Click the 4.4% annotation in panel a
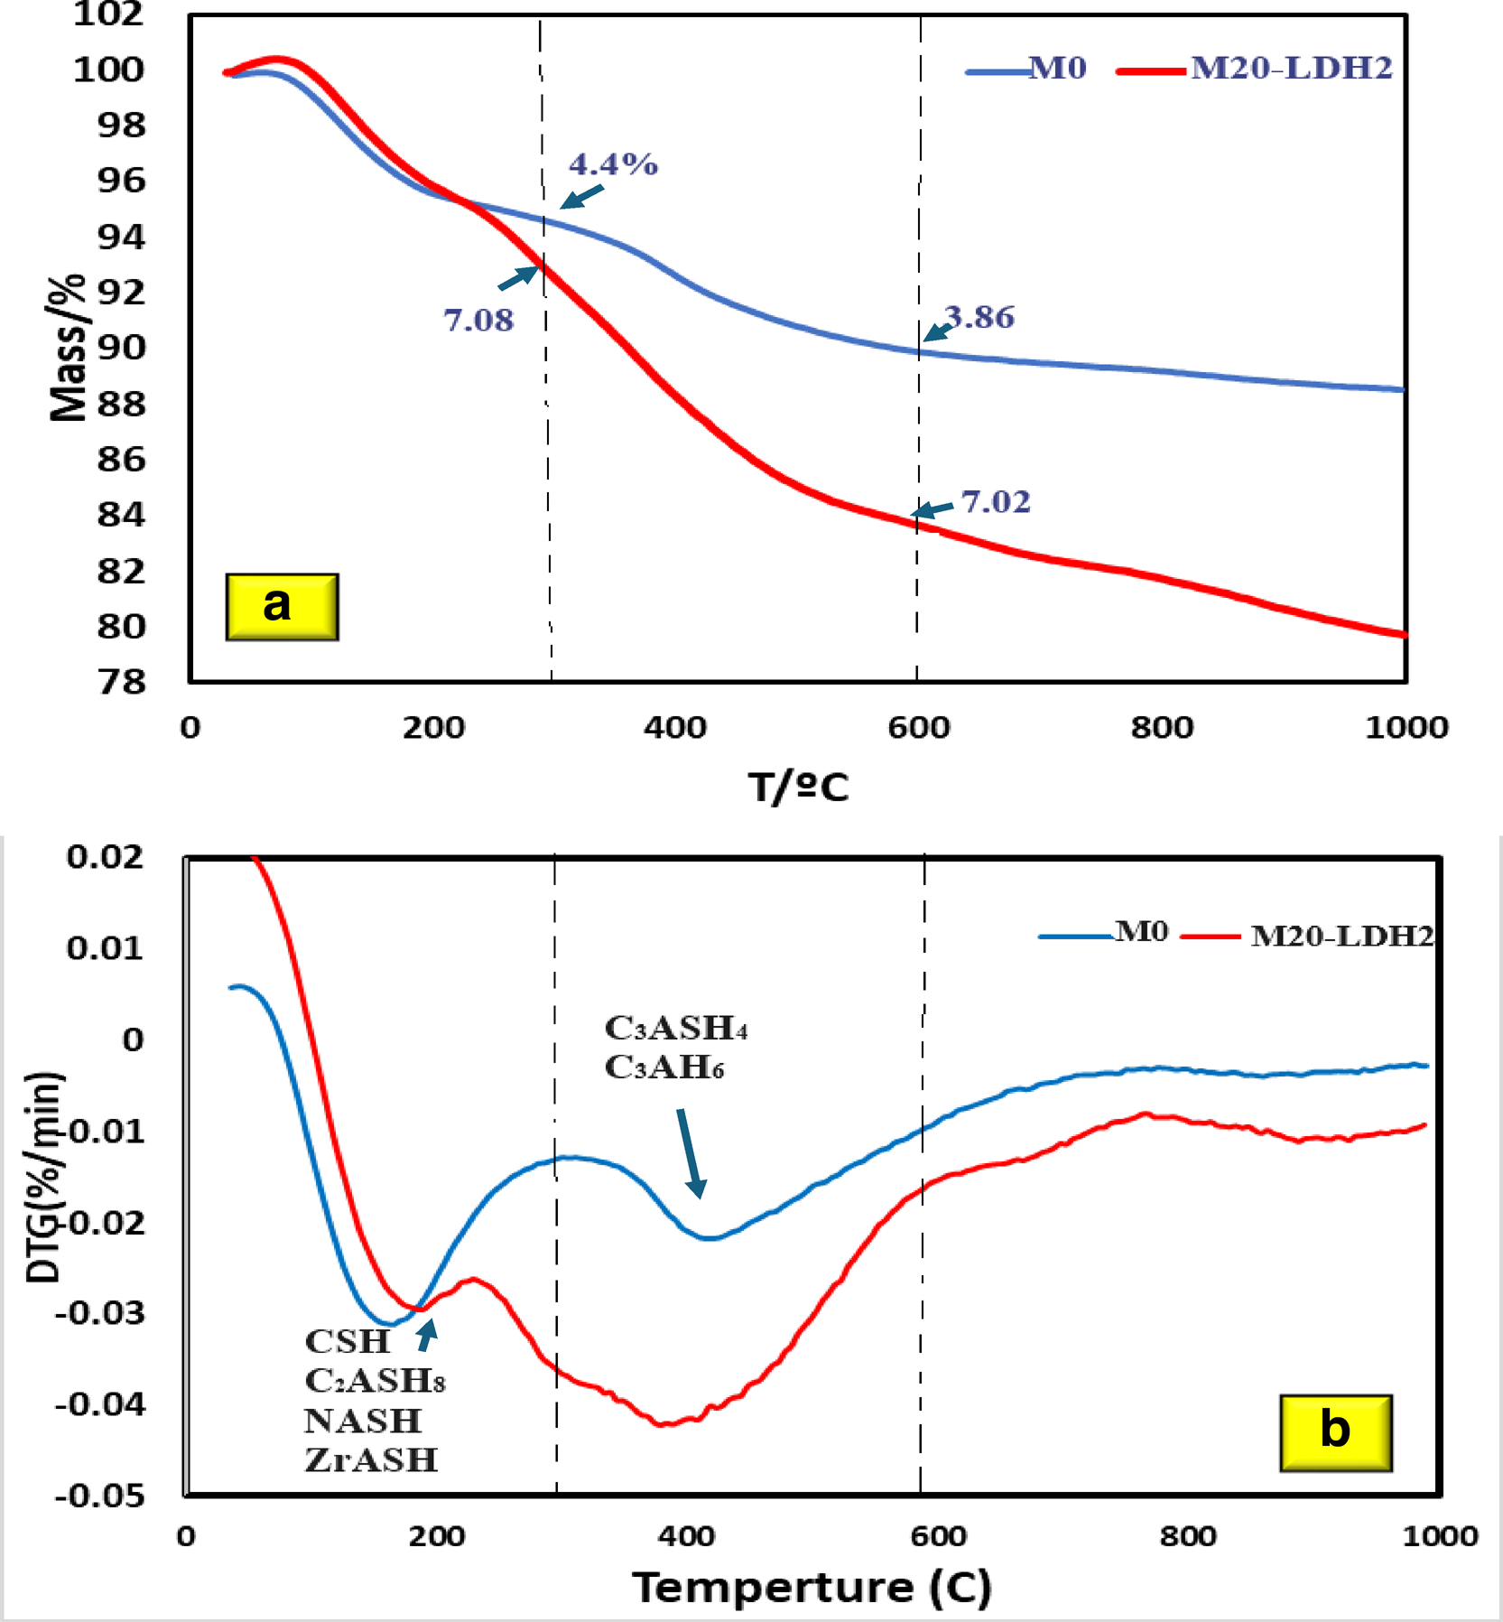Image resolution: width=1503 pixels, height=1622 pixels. point(613,164)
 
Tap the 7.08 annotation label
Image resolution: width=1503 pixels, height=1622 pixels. point(478,320)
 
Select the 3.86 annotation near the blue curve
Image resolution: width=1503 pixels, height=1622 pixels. point(980,317)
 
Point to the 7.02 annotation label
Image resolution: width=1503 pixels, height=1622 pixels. point(996,501)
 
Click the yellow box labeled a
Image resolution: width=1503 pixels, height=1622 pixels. point(282,606)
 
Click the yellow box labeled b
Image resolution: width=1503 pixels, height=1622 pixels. point(1335,1433)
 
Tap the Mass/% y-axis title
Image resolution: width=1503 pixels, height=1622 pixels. point(68,348)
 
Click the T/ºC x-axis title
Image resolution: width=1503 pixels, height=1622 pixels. point(799,787)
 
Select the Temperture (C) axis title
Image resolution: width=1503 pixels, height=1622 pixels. point(812,1587)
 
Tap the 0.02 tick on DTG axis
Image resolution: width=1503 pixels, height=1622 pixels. point(105,856)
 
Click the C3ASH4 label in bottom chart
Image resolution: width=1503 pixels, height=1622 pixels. point(676,1028)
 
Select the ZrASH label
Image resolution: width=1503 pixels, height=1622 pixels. point(371,1459)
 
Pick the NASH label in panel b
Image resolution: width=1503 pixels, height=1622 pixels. point(363,1421)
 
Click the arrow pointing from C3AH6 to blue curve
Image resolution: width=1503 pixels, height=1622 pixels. point(691,1152)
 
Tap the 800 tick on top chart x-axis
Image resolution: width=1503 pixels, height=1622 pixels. point(1162,727)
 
